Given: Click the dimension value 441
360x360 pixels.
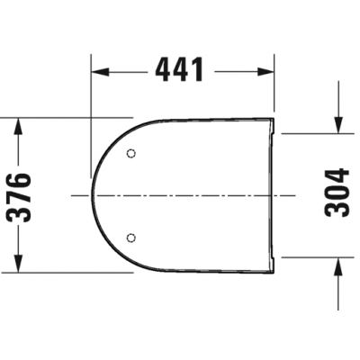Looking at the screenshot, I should pos(179,70).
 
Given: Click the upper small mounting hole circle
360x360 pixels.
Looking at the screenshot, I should pos(132,153).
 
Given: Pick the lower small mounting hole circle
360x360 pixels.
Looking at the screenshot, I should pos(132,238).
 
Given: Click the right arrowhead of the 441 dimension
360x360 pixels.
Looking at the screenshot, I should pos(265,70).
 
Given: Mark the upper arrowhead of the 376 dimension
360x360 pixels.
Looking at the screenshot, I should pos(19,125).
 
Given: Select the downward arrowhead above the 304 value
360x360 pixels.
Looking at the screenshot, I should pos(337,126).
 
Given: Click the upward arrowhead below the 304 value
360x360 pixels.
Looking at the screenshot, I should pos(337,264).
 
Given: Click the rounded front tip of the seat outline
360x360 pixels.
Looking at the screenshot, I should pos(93,195).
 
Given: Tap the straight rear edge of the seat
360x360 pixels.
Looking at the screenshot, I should pos(274,193).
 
